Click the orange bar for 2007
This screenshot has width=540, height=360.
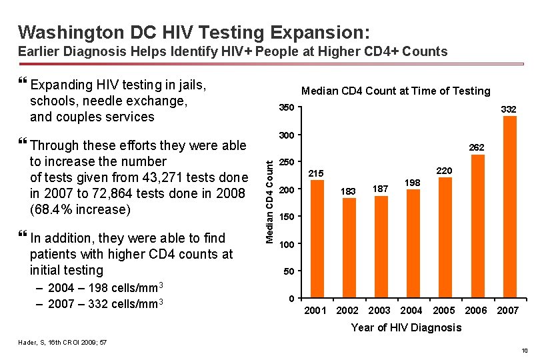click(x=509, y=207)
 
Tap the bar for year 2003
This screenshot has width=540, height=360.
click(x=381, y=246)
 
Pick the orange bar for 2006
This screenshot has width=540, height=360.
click(x=477, y=226)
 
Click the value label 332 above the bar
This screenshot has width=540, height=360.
click(x=509, y=109)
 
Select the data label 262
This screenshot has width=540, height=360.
click(x=477, y=147)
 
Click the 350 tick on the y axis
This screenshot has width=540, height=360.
click(x=285, y=109)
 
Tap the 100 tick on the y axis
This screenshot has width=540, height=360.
click(x=285, y=244)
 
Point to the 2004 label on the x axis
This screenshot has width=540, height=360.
click(x=411, y=311)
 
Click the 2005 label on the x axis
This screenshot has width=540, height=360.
click(x=443, y=311)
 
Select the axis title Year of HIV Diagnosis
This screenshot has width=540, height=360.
click(x=405, y=327)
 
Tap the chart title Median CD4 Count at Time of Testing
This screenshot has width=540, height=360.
click(x=395, y=91)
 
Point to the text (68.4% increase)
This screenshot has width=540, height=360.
click(x=79, y=209)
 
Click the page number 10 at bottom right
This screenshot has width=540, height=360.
click(x=525, y=351)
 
